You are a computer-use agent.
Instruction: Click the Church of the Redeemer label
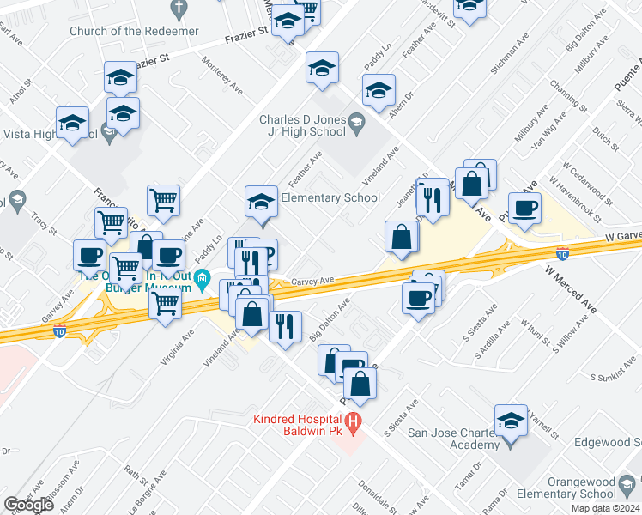135,32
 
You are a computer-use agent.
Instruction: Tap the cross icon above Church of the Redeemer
179,10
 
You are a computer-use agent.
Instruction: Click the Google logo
28,505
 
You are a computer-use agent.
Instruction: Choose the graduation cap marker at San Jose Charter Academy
511,420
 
